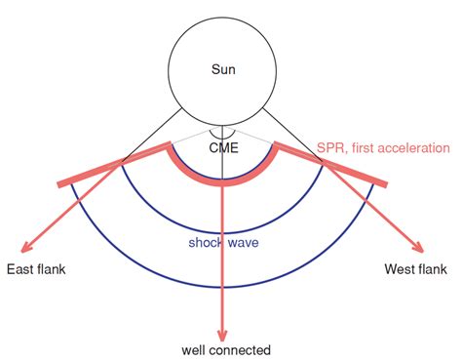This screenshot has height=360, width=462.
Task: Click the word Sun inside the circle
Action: point(223,69)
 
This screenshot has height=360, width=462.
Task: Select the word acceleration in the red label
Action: point(414,147)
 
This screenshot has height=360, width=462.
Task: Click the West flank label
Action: point(414,268)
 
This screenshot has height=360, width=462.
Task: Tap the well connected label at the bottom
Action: point(226,348)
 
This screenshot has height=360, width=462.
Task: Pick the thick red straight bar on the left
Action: point(93,171)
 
